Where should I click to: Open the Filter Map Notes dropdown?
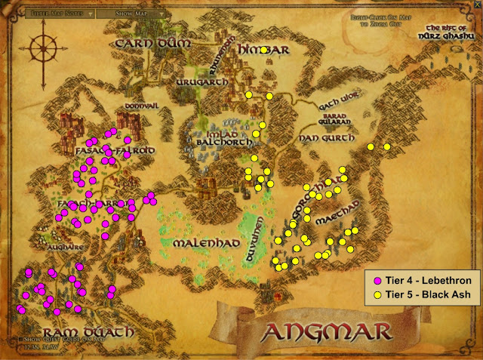(x=60, y=13)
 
